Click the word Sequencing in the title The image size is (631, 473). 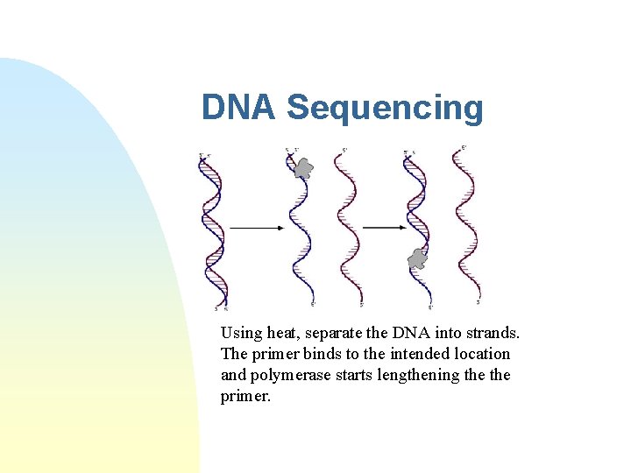pyautogui.click(x=385, y=108)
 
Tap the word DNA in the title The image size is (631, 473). pyautogui.click(x=239, y=108)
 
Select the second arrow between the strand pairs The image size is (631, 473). pyautogui.click(x=383, y=228)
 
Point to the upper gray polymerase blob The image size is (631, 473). pyautogui.click(x=302, y=168)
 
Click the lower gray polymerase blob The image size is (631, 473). pyautogui.click(x=416, y=258)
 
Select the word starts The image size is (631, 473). pyautogui.click(x=359, y=375)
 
